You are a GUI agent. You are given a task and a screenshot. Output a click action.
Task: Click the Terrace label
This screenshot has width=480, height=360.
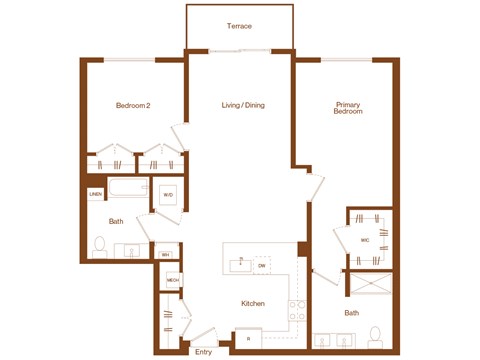point(239,25)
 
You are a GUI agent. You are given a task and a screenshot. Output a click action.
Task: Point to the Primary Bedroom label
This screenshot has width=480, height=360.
point(348,108)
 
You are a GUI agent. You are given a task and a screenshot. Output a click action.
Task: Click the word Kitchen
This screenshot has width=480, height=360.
point(252,303)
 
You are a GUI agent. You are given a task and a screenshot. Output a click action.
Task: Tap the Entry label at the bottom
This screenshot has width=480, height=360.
point(204,351)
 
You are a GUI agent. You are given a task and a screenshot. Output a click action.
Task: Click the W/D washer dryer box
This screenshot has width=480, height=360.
point(168,195)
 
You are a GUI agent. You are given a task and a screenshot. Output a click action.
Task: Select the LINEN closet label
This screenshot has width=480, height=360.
point(95,194)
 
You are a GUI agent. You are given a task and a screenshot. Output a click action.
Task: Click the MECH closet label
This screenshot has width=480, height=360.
point(172,280)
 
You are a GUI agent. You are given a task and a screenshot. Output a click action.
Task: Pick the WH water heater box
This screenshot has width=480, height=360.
point(165,255)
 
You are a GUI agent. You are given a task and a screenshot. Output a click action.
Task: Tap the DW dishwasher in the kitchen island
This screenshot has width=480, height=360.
point(262,265)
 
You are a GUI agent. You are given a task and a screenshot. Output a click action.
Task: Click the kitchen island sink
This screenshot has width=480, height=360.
point(240,265)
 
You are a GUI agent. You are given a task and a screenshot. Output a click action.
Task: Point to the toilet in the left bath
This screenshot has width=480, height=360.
point(99,245)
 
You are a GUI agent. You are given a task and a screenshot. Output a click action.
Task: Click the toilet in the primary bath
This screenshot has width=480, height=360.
point(376,334)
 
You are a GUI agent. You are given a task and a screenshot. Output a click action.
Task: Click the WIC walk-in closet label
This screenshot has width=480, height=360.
point(366,240)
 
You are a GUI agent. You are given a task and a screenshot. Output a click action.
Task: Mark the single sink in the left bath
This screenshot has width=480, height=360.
point(132,250)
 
